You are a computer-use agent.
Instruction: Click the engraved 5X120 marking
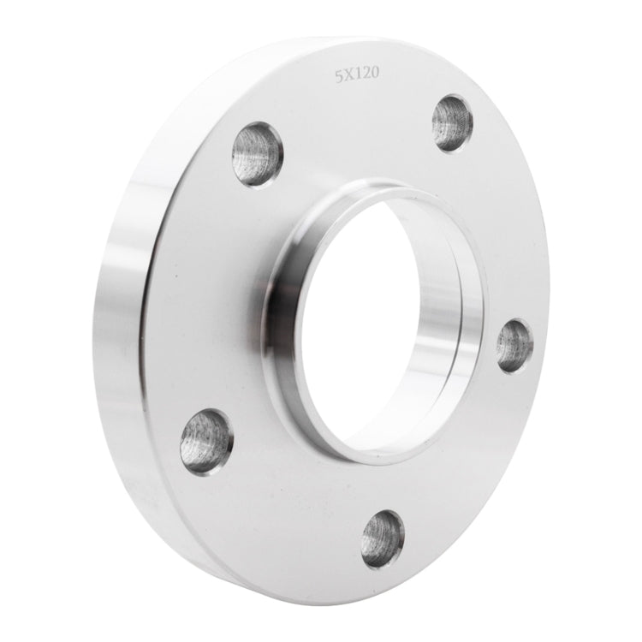coord(358,75)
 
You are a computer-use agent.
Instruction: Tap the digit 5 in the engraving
coord(339,75)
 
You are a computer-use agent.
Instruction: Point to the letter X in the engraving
coord(348,75)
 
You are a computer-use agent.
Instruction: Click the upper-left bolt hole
coord(257,154)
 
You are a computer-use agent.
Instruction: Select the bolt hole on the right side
coord(514,345)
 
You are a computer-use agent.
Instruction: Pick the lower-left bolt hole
coord(206,441)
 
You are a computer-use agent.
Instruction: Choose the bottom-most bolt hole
coord(382,539)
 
